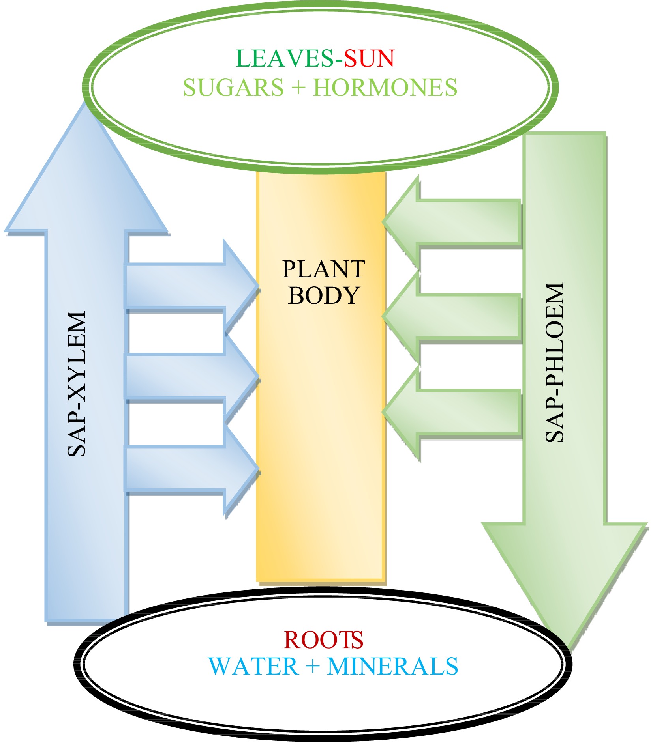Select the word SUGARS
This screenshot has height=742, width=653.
click(x=233, y=88)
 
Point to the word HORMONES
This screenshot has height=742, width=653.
click(x=385, y=88)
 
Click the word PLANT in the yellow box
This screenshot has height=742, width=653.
click(x=323, y=269)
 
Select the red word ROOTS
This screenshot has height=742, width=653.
click(x=323, y=640)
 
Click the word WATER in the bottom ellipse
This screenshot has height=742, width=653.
click(x=253, y=667)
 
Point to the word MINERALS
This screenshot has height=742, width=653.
click(x=392, y=667)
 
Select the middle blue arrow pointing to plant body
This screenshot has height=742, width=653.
click(x=190, y=377)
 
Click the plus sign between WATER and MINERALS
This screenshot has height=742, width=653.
click(x=312, y=667)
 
